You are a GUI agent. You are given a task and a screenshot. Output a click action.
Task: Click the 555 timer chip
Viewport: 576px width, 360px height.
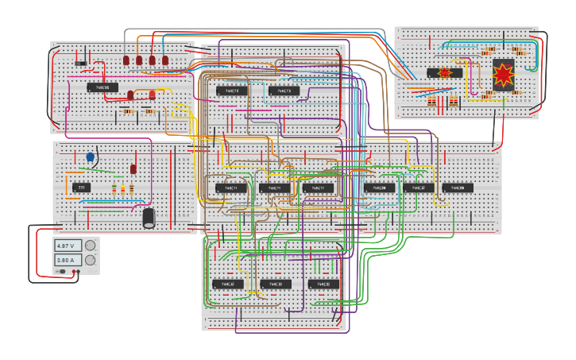(81, 188)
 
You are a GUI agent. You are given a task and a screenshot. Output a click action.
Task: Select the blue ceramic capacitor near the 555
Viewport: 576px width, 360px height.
(90, 157)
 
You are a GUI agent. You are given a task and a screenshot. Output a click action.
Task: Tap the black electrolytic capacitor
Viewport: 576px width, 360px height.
(149, 218)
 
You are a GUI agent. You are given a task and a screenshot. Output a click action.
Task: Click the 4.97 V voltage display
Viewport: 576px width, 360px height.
(68, 246)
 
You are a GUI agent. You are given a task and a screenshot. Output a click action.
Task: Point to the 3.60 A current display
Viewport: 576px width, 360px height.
(68, 260)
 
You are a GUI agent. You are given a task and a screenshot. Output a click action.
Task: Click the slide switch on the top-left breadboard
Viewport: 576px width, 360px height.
(80, 63)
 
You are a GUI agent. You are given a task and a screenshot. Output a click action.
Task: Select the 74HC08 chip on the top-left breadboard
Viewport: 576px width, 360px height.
(102, 87)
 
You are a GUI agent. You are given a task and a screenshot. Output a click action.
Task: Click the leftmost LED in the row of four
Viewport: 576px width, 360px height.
(126, 60)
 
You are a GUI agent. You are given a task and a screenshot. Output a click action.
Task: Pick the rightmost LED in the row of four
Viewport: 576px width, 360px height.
(165, 60)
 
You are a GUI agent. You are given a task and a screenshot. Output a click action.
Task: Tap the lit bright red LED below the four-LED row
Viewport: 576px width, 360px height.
(152, 95)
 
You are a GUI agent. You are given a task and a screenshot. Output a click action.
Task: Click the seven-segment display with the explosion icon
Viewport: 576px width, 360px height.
(503, 75)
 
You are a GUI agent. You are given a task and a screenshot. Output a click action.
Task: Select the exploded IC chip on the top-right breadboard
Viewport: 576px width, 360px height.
(444, 73)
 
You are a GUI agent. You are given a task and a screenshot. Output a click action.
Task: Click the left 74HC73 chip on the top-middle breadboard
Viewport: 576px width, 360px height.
(232, 91)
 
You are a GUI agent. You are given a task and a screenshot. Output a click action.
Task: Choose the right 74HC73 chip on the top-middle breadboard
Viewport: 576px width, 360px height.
(284, 91)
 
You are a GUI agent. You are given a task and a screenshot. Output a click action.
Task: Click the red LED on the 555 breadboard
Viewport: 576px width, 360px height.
(133, 168)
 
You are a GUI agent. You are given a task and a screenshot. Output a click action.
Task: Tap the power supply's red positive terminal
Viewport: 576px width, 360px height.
(77, 272)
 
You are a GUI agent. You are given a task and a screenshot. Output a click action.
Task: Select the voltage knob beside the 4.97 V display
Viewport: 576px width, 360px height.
(90, 246)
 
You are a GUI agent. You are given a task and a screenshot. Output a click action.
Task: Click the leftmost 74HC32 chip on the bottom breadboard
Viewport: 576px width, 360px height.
(228, 284)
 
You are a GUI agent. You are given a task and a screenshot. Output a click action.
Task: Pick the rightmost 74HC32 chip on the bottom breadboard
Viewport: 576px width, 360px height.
(323, 284)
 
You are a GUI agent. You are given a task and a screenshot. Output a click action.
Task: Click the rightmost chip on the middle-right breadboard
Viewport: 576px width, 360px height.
(458, 188)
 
